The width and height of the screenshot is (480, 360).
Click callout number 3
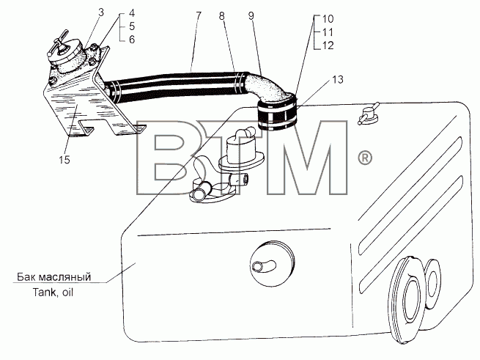[x=101, y=12]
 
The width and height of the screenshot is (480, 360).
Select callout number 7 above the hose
[x=199, y=15]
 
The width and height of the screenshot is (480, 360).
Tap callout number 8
[x=222, y=16]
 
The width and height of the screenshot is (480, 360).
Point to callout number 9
[x=251, y=16]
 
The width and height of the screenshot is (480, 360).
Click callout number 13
[x=338, y=80]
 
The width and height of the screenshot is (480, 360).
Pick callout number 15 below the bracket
[x=64, y=160]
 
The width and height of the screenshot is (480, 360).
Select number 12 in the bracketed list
[x=328, y=45]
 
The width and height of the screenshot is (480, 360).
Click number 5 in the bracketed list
[x=132, y=26]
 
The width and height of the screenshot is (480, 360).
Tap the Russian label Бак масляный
[x=54, y=277]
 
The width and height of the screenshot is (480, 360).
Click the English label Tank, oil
[x=53, y=293]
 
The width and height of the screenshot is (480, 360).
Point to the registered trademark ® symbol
[x=365, y=158]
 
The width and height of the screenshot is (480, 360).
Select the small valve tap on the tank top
[x=369, y=114]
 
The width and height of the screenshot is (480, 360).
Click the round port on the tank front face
[x=272, y=263]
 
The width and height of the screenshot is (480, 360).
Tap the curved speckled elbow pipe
[x=267, y=88]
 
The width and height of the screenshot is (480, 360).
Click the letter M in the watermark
[x=307, y=158]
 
